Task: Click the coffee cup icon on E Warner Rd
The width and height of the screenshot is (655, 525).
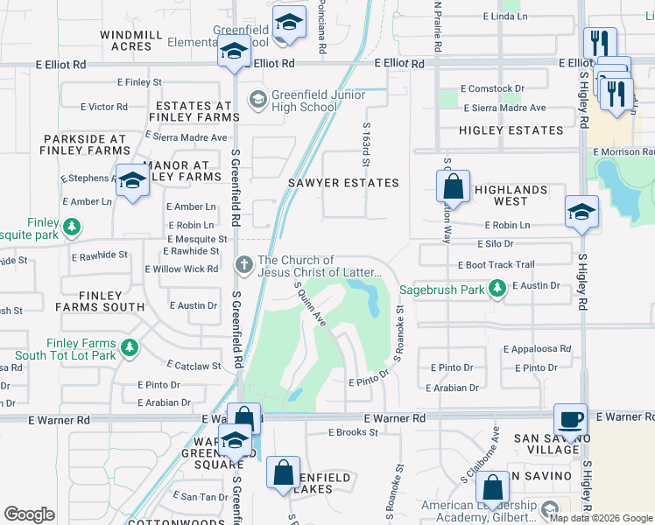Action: click(571, 419)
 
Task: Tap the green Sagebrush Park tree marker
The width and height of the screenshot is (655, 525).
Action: click(497, 288)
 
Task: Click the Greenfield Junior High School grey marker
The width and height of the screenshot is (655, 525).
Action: click(257, 98)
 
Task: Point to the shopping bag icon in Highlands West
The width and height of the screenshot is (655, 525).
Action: click(453, 185)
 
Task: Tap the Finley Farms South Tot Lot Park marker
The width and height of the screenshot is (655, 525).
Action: click(130, 349)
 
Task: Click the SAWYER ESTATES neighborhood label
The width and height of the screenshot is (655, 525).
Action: click(343, 183)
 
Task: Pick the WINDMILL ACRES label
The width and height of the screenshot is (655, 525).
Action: click(137, 39)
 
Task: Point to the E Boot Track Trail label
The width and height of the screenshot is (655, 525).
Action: click(495, 264)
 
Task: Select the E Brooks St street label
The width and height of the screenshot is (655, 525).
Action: click(353, 432)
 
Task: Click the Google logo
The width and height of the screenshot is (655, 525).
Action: click(30, 514)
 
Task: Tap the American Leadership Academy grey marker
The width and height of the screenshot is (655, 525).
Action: click(549, 508)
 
